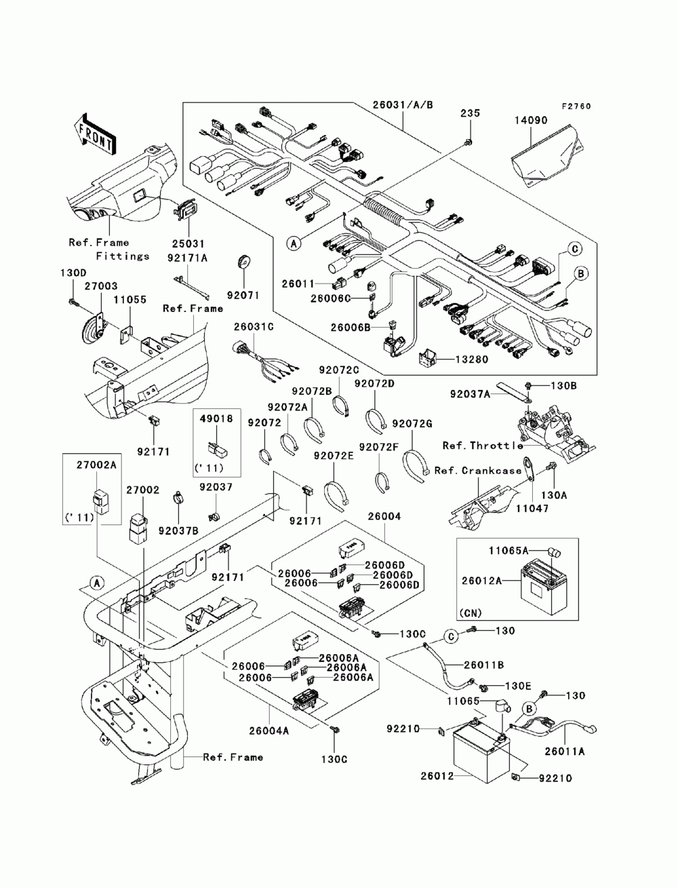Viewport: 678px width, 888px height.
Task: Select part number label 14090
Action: (x=531, y=120)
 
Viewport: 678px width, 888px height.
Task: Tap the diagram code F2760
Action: (x=576, y=107)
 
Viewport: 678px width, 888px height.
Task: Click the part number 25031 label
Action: (x=188, y=244)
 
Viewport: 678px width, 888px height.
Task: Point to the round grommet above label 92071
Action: (x=244, y=261)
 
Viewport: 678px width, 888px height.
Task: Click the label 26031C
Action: (x=254, y=326)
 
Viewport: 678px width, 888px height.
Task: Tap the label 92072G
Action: (x=412, y=423)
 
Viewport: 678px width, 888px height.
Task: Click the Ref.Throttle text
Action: (x=482, y=446)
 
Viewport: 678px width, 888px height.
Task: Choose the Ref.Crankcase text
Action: (x=478, y=471)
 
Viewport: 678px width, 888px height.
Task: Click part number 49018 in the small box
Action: (x=216, y=419)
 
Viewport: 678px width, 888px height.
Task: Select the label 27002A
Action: (x=96, y=465)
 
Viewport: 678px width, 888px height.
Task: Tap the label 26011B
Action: (x=483, y=665)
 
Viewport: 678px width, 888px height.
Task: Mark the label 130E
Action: (x=518, y=687)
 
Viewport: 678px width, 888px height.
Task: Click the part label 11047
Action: (x=532, y=508)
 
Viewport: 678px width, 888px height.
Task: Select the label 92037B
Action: (x=178, y=530)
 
